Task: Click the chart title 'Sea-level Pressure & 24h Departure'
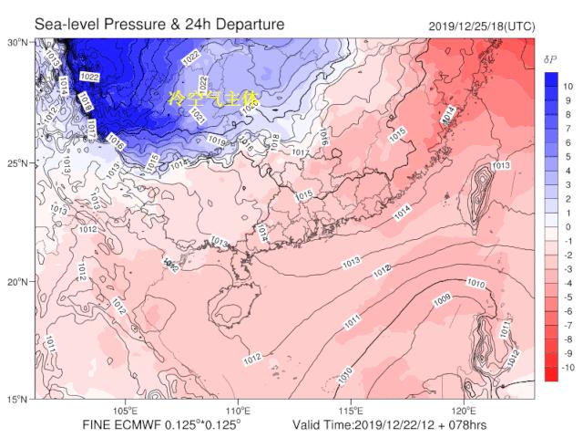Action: click(x=159, y=23)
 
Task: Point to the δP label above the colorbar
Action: click(x=550, y=59)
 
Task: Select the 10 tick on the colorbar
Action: click(x=566, y=86)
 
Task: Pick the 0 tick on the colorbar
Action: click(x=566, y=227)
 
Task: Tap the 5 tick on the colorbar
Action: click(x=566, y=156)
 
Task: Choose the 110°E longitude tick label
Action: click(x=239, y=410)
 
